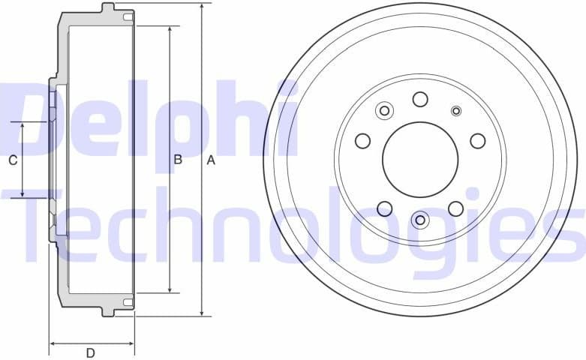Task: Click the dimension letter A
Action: pos(211,160)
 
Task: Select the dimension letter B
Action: pos(179,159)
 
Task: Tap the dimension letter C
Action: pos(12,160)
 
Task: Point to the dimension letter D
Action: pos(90,352)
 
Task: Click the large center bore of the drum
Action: pos(420,160)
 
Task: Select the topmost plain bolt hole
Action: pos(420,99)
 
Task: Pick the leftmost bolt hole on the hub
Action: pos(363,141)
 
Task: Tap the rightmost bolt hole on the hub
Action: pos(477,141)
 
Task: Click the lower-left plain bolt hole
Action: pos(385,208)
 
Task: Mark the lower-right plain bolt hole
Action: pos(455,208)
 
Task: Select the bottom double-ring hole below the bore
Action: pos(420,220)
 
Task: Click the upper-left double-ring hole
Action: pos(384,111)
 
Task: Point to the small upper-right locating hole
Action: pos(456,111)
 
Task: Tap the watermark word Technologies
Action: pos(300,225)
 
